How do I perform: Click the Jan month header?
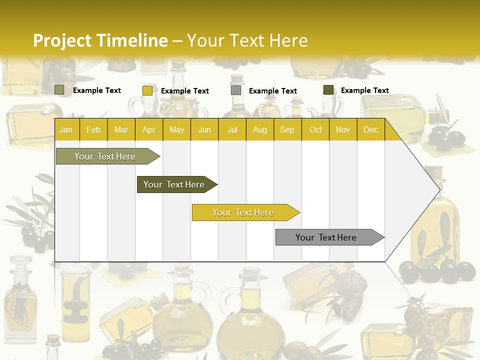[66, 130]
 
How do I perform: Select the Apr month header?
[149, 130]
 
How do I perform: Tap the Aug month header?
[260, 130]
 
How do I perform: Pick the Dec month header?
[370, 130]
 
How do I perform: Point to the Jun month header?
[204, 130]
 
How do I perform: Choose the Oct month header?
[315, 130]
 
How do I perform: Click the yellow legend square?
[147, 90]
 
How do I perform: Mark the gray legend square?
[236, 90]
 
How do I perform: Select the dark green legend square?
[328, 90]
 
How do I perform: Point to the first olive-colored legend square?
[59, 90]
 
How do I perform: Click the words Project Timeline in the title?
[100, 40]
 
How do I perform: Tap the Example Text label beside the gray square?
[273, 91]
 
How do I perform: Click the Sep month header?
[287, 130]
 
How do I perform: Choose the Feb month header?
[93, 130]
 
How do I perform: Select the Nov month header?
[343, 130]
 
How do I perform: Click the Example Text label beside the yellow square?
[185, 91]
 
